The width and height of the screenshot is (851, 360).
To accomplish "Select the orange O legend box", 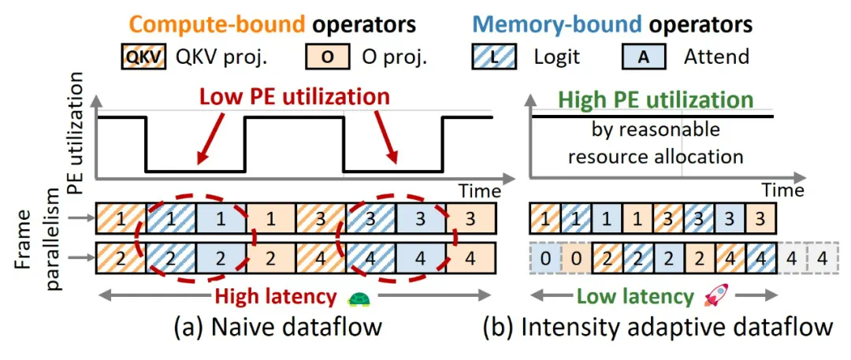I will point(325,57).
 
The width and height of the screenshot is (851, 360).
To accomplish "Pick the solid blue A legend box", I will point(645,57).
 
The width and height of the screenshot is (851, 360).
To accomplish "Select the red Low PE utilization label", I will point(295,97).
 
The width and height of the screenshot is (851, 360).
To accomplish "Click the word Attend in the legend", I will point(716,57).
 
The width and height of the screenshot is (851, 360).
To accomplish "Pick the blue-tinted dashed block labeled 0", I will point(544,257).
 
